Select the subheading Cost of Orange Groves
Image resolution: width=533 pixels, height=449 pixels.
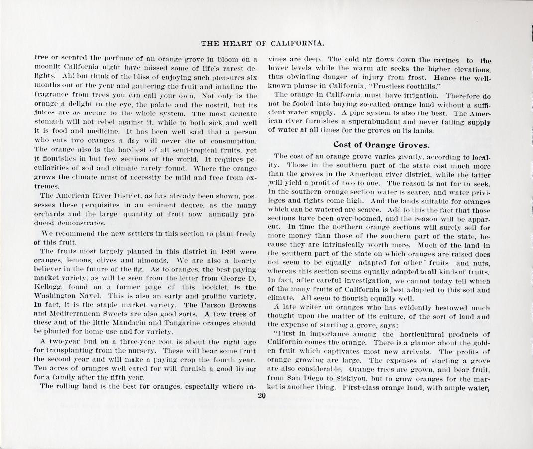[x=381, y=145]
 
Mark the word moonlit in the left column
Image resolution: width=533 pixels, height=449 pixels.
[x=50, y=66]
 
